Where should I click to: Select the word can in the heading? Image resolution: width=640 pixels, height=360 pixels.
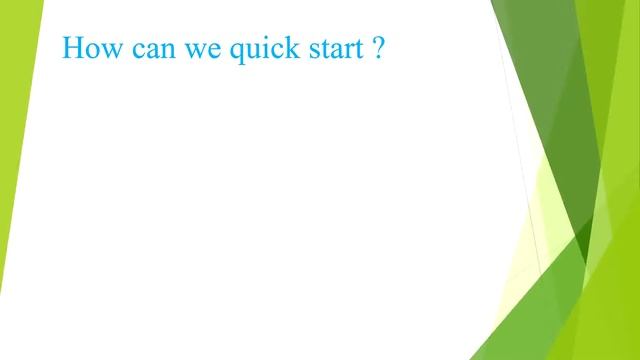tap(148, 50)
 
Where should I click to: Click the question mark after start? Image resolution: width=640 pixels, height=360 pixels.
tap(377, 48)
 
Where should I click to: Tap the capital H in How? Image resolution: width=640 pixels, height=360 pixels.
tap(72, 48)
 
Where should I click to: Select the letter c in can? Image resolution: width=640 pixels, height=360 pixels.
tap(134, 51)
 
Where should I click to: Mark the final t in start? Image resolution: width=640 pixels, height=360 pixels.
tap(352, 49)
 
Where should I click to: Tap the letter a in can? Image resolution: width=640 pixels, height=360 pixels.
tap(147, 51)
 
